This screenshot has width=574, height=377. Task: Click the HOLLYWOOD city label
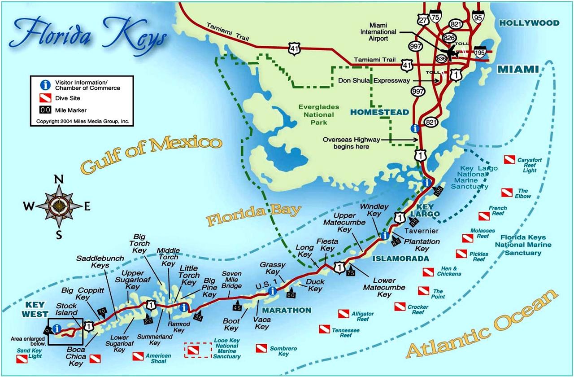530,23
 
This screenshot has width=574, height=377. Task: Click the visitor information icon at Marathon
272,291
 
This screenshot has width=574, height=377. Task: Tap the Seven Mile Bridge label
231,280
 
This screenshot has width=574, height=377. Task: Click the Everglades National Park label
318,114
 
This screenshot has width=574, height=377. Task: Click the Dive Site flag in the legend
45,98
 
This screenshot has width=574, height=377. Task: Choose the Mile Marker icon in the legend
45,110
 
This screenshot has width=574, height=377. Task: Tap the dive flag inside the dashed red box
194,350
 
